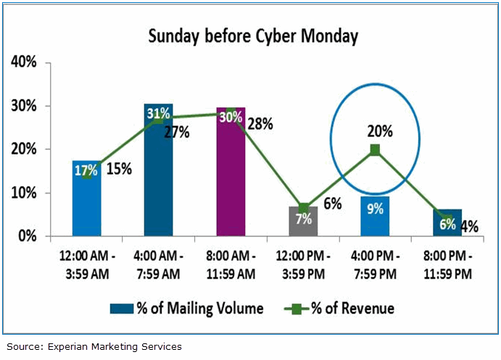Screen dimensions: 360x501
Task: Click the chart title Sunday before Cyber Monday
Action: (x=253, y=36)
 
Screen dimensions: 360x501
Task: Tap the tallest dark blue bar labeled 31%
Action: (x=159, y=174)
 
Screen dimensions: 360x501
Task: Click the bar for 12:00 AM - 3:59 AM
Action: (x=87, y=203)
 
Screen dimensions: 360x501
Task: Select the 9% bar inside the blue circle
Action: (x=375, y=217)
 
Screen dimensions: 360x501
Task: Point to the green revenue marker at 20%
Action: (x=375, y=150)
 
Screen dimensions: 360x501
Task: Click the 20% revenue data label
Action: (x=379, y=131)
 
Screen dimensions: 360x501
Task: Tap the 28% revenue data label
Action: (x=260, y=124)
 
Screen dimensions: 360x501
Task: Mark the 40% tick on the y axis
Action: (x=24, y=62)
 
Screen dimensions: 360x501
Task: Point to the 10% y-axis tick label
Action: (x=24, y=193)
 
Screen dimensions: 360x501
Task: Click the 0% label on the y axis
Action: (x=27, y=236)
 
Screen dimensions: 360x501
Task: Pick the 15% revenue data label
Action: (x=119, y=169)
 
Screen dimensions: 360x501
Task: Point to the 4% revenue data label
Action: (x=469, y=226)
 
